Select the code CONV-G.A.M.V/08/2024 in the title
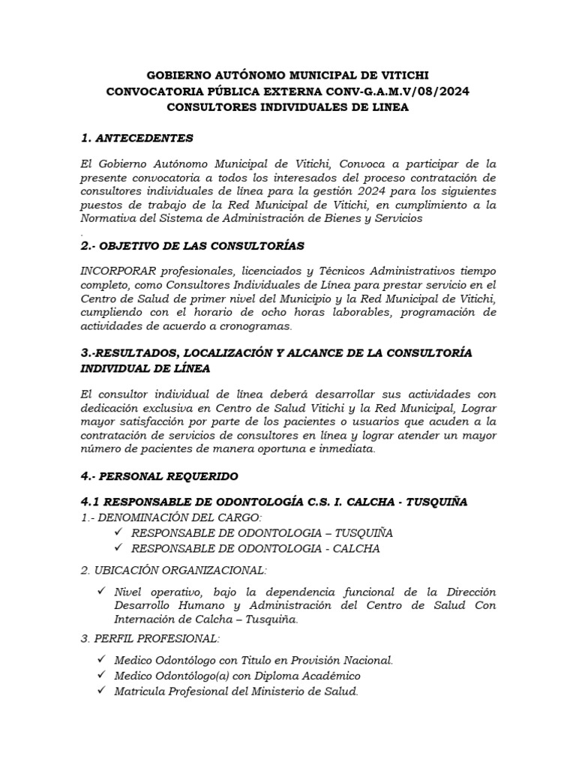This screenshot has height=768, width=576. pyautogui.click(x=399, y=91)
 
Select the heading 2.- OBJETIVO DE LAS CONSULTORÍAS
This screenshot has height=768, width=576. pyautogui.click(x=191, y=245)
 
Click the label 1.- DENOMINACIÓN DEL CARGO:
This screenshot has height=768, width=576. pyautogui.click(x=170, y=517)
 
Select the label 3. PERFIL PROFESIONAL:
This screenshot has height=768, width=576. pyautogui.click(x=149, y=639)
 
